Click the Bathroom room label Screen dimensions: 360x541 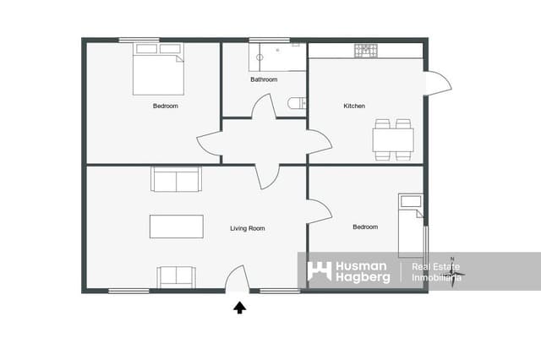pos(264,79)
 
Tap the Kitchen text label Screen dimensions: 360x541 pos(354,106)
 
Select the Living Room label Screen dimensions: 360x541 pos(248,228)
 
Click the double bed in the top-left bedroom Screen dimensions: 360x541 pos(158,68)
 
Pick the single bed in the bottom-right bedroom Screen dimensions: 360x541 pos(410,225)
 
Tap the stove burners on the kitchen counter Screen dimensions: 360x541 pos(366,51)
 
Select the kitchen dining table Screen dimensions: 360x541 pos(393,139)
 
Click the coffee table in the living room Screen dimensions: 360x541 pos(177,226)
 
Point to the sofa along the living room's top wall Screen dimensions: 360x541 pos(176,179)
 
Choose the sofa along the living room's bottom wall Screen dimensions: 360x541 pos(176,276)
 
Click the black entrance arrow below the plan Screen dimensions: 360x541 pos(239,308)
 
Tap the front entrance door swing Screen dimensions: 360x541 pos(236,279)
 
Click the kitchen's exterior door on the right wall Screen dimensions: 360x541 pos(437,81)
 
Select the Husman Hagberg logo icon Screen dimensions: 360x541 pos(319,271)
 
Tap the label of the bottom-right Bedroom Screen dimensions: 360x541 pos(365,226)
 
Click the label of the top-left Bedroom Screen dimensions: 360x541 pos(165,106)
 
